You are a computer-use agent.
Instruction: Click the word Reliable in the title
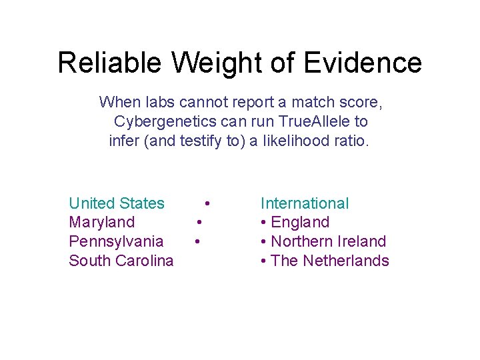point(109,63)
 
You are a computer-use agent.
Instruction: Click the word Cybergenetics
point(165,122)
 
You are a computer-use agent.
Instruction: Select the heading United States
point(117,203)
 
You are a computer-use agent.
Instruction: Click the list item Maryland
point(101,222)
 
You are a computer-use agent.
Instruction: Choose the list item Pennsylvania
point(116,241)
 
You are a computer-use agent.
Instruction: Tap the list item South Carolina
point(121,261)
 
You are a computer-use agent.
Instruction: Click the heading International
point(304,203)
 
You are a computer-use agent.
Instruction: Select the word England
point(300,222)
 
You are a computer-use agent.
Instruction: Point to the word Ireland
point(363,241)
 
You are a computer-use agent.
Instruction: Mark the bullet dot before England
point(264,223)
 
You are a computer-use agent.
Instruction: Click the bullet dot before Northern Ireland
point(264,242)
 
